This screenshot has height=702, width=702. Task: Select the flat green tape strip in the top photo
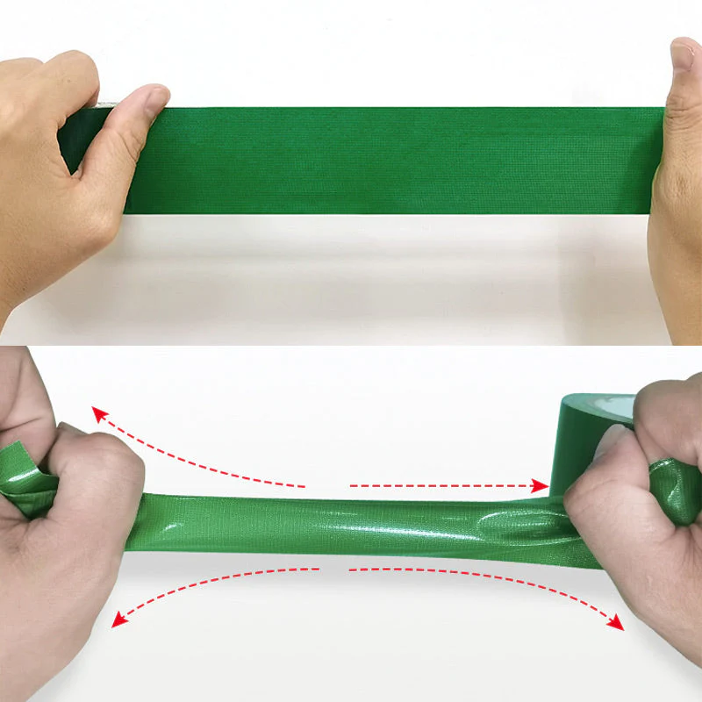395,160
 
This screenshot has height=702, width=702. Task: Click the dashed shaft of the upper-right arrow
439,484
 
